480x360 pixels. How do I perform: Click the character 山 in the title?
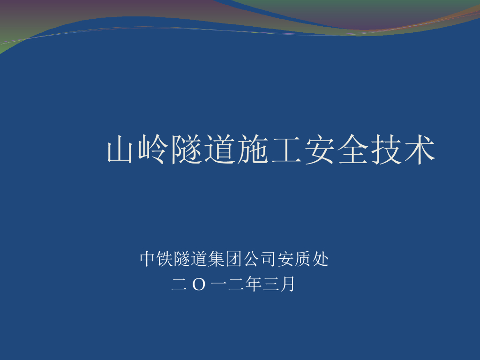[120, 150]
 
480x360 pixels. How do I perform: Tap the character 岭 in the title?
[153, 150]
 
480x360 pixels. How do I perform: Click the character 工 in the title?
[286, 150]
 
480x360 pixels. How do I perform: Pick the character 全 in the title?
[352, 150]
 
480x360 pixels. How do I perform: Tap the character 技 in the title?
[386, 150]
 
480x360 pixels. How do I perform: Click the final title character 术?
[420, 150]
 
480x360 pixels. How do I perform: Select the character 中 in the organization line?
[147, 259]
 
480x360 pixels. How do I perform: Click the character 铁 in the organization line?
[165, 259]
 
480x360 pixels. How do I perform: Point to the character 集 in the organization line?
[217, 259]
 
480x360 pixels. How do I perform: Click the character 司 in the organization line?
[269, 259]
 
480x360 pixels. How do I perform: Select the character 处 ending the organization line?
[321, 259]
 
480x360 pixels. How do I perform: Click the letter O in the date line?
[199, 285]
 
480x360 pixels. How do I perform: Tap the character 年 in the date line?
[254, 284]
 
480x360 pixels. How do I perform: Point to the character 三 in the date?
[270, 284]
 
